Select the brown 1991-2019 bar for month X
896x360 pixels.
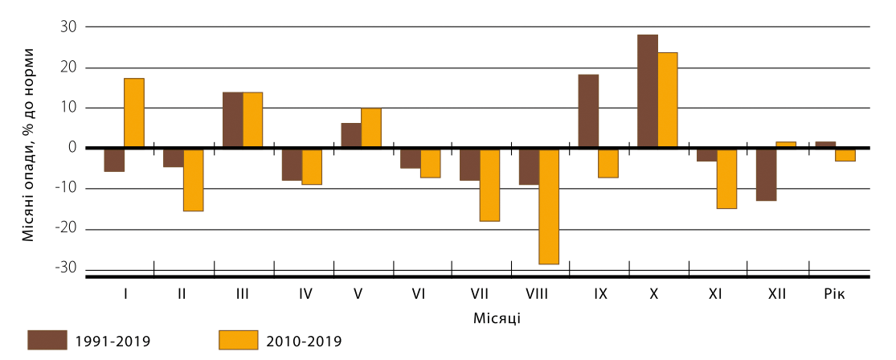648,92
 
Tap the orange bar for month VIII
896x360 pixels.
549,206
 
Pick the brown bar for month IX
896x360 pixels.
588,111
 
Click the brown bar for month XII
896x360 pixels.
766,174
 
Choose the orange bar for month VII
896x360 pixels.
489,184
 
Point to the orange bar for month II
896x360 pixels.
193,179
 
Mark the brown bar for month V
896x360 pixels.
351,135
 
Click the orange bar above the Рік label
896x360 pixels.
845,155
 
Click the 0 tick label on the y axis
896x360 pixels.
72,148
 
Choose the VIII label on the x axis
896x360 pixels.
536,293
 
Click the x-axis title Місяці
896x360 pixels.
497,317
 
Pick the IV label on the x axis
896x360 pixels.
305,293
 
